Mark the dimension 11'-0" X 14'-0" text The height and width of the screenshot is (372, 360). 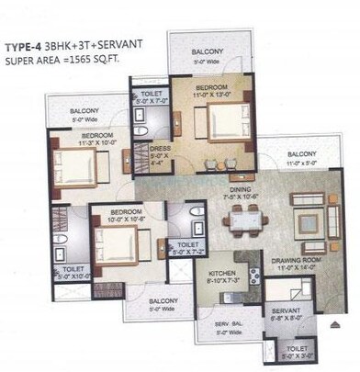pos(295,269)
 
